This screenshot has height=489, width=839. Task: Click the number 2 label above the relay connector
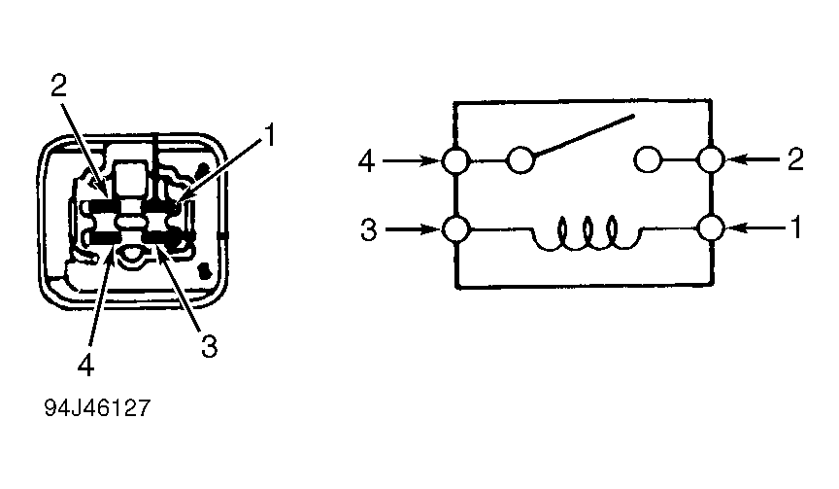click(x=59, y=87)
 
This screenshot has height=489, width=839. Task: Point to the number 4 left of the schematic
click(x=366, y=160)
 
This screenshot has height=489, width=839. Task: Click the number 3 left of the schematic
click(x=366, y=231)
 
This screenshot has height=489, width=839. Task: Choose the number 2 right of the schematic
click(x=795, y=160)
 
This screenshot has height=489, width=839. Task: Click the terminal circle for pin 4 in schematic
click(x=454, y=160)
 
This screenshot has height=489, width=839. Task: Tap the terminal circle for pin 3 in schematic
click(x=454, y=230)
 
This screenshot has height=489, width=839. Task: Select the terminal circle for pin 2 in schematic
click(x=711, y=160)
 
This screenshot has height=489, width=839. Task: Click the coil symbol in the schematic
click(x=586, y=234)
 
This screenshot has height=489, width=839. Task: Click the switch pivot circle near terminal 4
click(x=521, y=160)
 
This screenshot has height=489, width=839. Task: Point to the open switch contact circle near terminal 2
click(x=649, y=160)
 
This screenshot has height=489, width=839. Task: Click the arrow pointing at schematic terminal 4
click(x=413, y=160)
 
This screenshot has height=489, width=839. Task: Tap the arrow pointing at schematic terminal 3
click(x=413, y=230)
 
